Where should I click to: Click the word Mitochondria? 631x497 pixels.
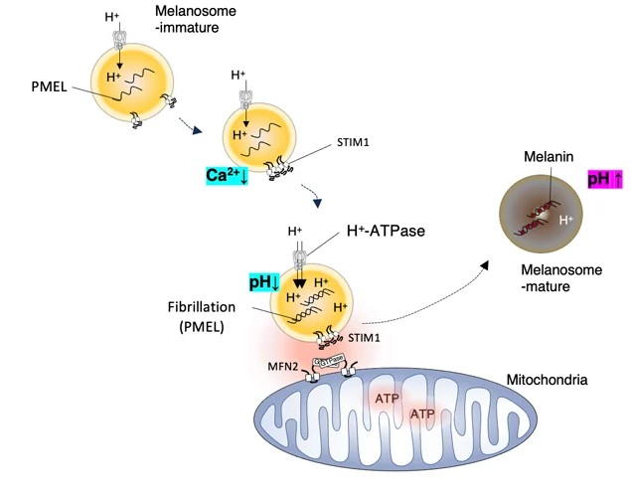click(546, 380)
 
